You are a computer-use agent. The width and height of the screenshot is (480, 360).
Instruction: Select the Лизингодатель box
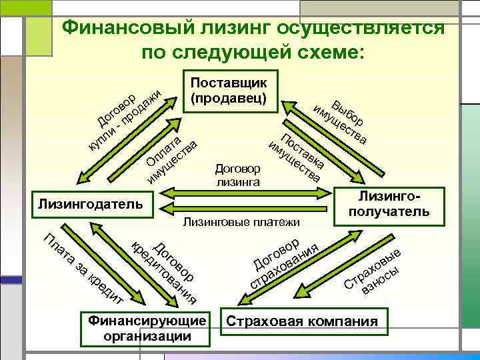tap(90, 202)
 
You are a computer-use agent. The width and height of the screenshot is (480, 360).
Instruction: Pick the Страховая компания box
tap(303, 322)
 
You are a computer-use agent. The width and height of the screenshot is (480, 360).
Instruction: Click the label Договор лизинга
tap(238, 174)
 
